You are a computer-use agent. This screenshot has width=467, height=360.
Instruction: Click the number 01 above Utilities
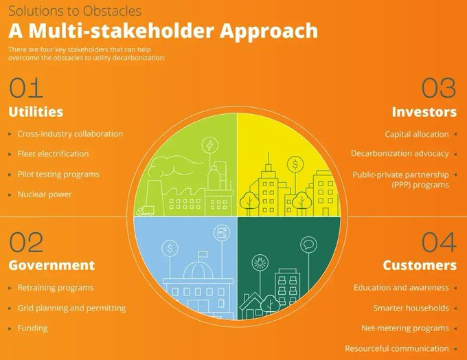pyautogui.click(x=26, y=88)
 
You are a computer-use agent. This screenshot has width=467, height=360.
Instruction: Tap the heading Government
pyautogui.click(x=52, y=265)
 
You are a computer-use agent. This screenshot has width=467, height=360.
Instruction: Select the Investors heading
pyautogui.click(x=424, y=112)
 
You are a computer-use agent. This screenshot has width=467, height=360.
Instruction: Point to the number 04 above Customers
pyautogui.click(x=439, y=242)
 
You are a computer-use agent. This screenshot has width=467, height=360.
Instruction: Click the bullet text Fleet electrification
pyautogui.click(x=53, y=154)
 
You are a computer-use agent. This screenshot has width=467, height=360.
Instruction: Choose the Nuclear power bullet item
pyautogui.click(x=45, y=194)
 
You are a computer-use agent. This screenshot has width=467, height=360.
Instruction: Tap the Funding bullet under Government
pyautogui.click(x=32, y=328)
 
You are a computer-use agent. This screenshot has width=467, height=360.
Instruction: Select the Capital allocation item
pyautogui.click(x=417, y=134)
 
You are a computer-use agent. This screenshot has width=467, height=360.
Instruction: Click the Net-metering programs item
pyautogui.click(x=405, y=328)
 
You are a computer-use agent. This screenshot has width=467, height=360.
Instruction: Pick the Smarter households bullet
pyautogui.click(x=411, y=308)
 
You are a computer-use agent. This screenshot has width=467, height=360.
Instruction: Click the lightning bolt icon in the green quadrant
pyautogui.click(x=209, y=146)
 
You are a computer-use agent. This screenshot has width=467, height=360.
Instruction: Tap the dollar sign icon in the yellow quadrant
pyautogui.click(x=295, y=164)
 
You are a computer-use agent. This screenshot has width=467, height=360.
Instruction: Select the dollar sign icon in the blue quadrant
pyautogui.click(x=170, y=248)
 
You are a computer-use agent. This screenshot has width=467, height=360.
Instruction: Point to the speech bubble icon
pyautogui.click(x=308, y=245)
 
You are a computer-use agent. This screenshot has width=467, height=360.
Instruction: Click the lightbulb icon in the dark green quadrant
pyautogui.click(x=260, y=263)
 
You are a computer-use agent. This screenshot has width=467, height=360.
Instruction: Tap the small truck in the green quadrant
pyautogui.click(x=146, y=211)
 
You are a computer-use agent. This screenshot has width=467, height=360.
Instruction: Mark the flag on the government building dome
pyautogui.click(x=203, y=255)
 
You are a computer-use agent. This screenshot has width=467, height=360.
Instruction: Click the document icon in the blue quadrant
pyautogui.click(x=222, y=232)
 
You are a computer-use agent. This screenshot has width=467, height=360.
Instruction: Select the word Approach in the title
pyautogui.click(x=269, y=31)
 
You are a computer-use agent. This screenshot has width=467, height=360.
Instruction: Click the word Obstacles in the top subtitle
pyautogui.click(x=112, y=11)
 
